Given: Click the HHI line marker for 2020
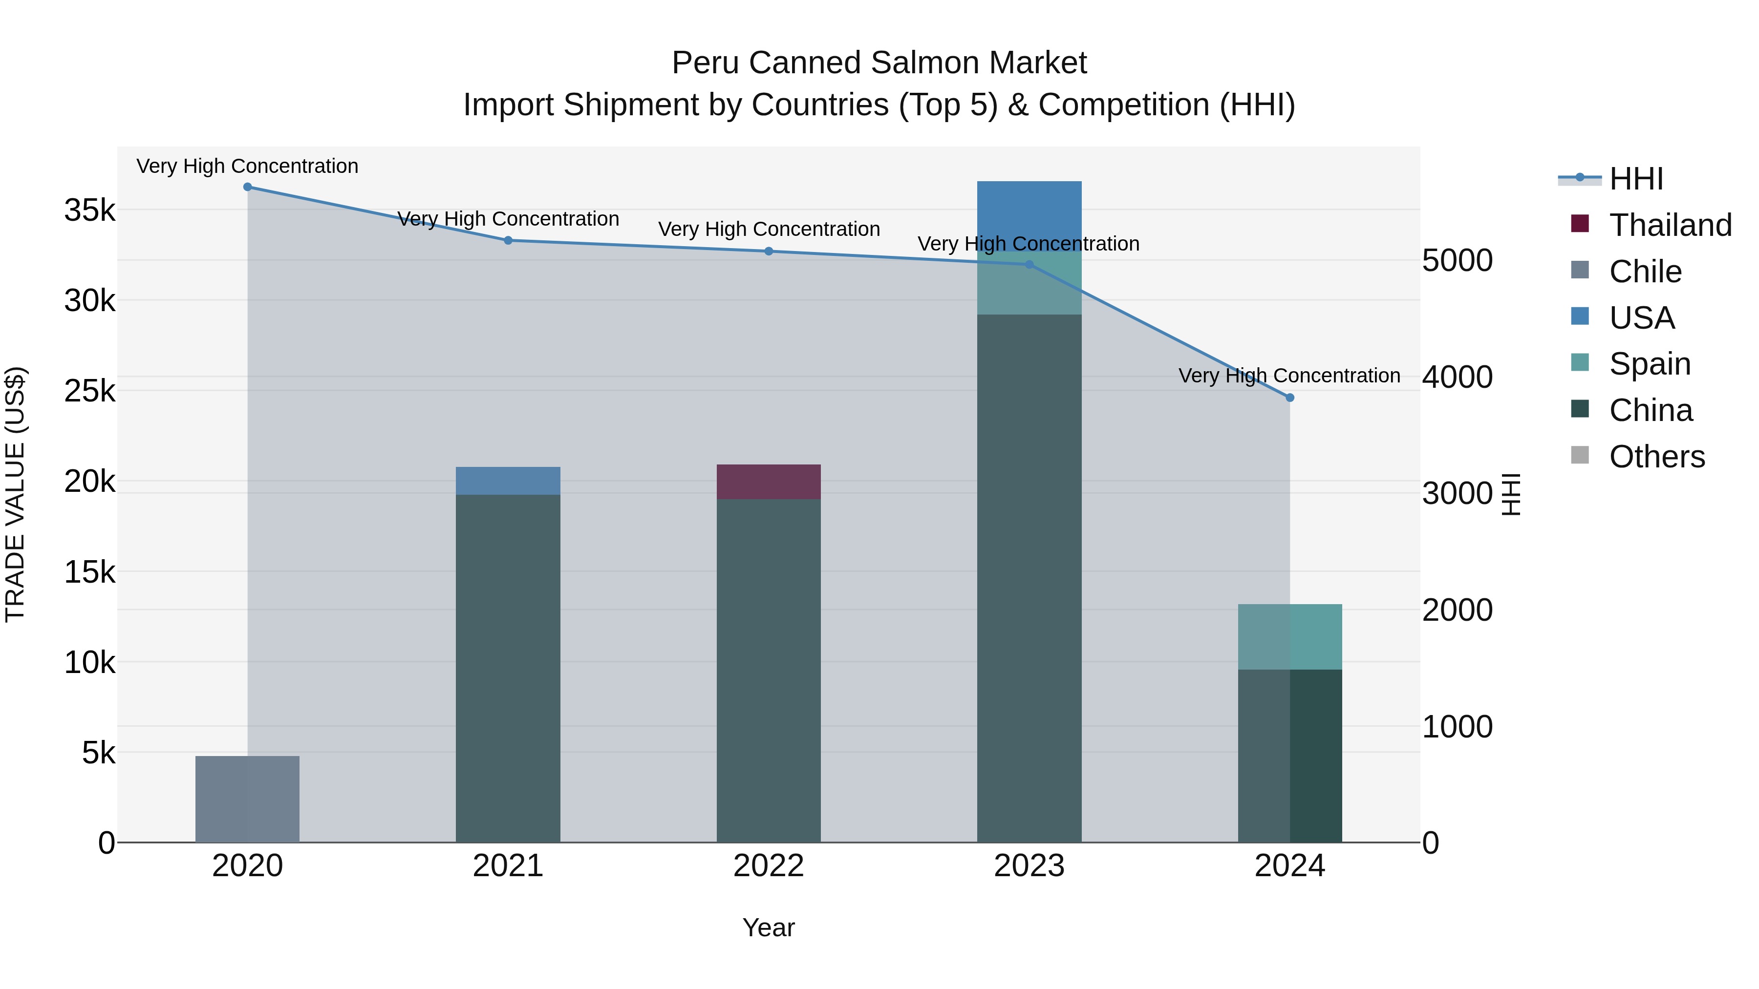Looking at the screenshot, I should (x=247, y=187).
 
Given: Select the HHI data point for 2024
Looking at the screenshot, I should (x=1289, y=397).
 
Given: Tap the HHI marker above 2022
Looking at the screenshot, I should (x=768, y=251).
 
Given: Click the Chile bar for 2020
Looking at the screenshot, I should (x=247, y=799).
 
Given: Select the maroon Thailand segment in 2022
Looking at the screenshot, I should (x=768, y=482).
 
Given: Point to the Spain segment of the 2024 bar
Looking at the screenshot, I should (x=1289, y=637).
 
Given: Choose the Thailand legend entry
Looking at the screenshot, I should (x=1670, y=225).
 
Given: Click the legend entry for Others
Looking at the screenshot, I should (x=1656, y=457).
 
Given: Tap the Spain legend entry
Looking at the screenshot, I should (x=1649, y=364).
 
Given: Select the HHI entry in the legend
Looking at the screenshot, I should (x=1635, y=179).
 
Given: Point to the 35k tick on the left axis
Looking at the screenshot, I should (x=89, y=210).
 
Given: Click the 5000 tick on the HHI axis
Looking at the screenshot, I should (x=1457, y=261).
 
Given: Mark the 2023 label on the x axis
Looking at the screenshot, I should (x=1029, y=866).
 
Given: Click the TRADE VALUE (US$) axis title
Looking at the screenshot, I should (x=15, y=494).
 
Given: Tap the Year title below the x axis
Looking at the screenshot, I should (x=768, y=927).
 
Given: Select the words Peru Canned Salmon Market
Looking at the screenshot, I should (x=879, y=63).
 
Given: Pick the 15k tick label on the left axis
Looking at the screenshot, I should (x=89, y=572).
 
